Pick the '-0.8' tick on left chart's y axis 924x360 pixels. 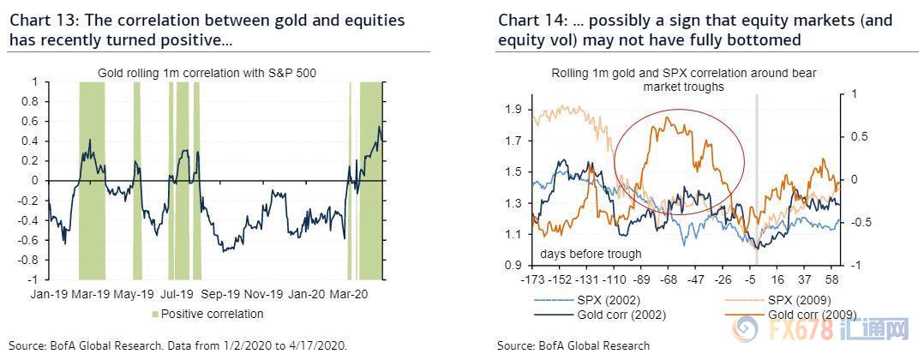33,260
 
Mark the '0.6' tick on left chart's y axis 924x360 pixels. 34,122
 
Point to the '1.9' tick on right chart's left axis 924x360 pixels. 513,110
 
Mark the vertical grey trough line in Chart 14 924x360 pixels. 755,171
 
